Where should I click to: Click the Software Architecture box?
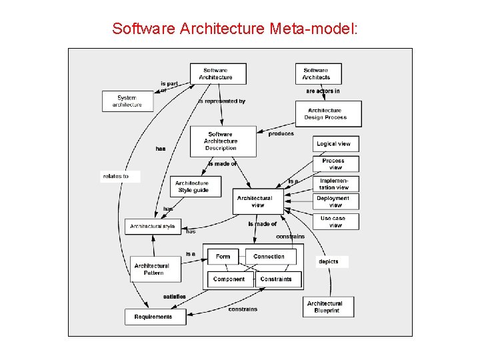(218, 73)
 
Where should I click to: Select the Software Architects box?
(317, 73)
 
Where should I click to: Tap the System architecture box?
(127, 101)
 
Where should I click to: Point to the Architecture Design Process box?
(328, 114)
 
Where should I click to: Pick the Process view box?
(335, 163)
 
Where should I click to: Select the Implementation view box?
(335, 184)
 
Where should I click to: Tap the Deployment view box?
(335, 201)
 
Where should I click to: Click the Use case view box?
(335, 221)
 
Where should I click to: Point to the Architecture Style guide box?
(193, 187)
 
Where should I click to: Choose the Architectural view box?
(257, 201)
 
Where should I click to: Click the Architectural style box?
(153, 227)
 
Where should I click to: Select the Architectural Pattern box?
(153, 269)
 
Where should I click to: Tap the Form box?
(223, 257)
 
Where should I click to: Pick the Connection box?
(270, 257)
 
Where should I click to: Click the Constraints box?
(276, 279)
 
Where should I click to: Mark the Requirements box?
(153, 317)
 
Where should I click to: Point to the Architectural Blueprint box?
(326, 307)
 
